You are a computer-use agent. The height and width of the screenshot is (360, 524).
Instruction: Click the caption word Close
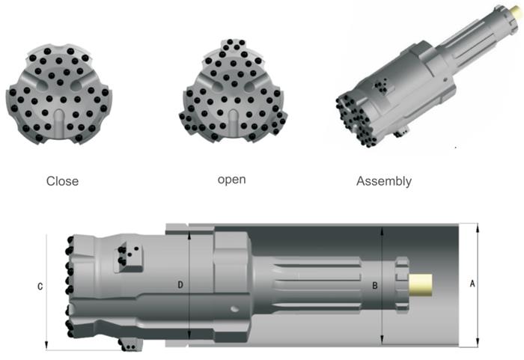[x=62, y=180]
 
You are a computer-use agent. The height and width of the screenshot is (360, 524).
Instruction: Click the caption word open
[x=231, y=180]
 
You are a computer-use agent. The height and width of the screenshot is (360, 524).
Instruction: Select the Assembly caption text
[x=384, y=180]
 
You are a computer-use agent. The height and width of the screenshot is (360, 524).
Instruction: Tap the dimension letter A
[x=472, y=284]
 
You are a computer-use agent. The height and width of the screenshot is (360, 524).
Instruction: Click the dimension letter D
[x=180, y=285]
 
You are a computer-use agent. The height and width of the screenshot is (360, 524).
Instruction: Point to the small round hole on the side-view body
[x=235, y=308]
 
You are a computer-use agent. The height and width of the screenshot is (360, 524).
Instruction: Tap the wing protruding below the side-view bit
[x=132, y=344]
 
